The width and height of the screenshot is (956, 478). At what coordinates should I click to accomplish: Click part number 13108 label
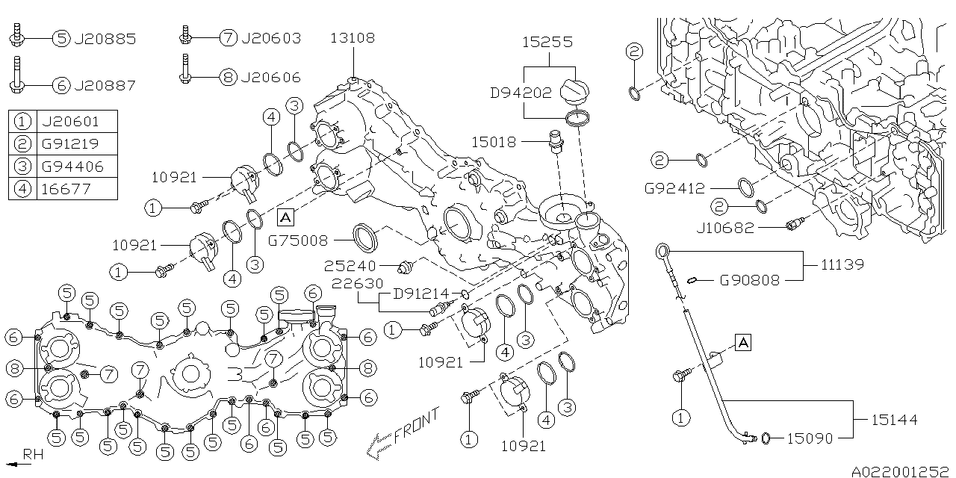pyautogui.click(x=353, y=38)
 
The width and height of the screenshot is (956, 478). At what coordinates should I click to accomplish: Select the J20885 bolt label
pyautogui.click(x=105, y=39)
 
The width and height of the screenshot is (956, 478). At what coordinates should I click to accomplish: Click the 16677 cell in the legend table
pyautogui.click(x=66, y=188)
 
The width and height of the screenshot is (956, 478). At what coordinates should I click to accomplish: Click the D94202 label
pyautogui.click(x=521, y=93)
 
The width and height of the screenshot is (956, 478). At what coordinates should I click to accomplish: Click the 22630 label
pyautogui.click(x=358, y=284)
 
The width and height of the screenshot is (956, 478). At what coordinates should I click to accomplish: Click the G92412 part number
pyautogui.click(x=675, y=190)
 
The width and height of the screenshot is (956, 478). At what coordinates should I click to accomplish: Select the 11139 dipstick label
pyautogui.click(x=842, y=264)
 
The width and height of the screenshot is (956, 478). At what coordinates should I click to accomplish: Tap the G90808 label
pyautogui.click(x=749, y=281)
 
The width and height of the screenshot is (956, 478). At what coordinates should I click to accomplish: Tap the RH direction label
pyautogui.click(x=31, y=454)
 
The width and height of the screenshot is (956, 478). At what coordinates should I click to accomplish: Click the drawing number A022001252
pyautogui.click(x=898, y=471)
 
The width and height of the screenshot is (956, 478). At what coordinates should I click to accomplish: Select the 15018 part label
pyautogui.click(x=493, y=140)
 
